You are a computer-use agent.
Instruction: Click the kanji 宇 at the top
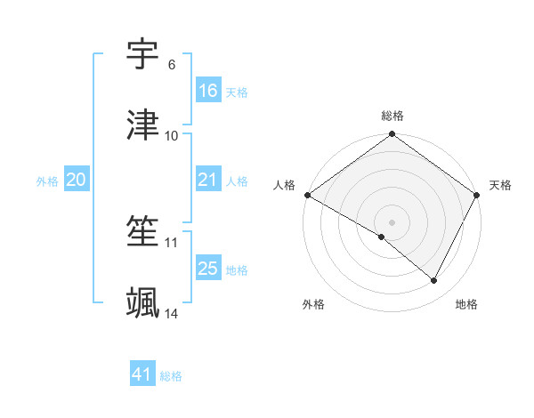point(143,55)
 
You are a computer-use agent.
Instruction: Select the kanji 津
point(143,125)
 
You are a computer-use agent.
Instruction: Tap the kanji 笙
point(143,232)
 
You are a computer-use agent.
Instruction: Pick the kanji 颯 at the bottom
point(143,303)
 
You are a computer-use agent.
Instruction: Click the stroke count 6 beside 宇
point(171,65)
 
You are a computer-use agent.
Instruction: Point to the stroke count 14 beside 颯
point(172,314)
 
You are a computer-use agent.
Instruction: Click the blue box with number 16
point(207,91)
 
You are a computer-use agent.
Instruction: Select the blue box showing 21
point(207,180)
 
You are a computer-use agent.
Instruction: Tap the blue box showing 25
point(207,269)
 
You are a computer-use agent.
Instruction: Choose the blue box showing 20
point(76,180)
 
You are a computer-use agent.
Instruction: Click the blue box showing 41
point(142,375)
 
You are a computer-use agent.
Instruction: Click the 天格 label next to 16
point(237,92)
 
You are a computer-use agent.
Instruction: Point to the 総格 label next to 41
point(171,376)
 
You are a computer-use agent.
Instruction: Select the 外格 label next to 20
point(47,181)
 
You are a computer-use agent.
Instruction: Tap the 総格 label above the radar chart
point(392,116)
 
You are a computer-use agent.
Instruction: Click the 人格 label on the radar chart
point(284,185)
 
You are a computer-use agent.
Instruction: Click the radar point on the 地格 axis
point(434,281)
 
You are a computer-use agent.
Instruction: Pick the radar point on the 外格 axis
point(382,237)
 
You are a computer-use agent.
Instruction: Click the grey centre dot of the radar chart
point(392,221)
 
